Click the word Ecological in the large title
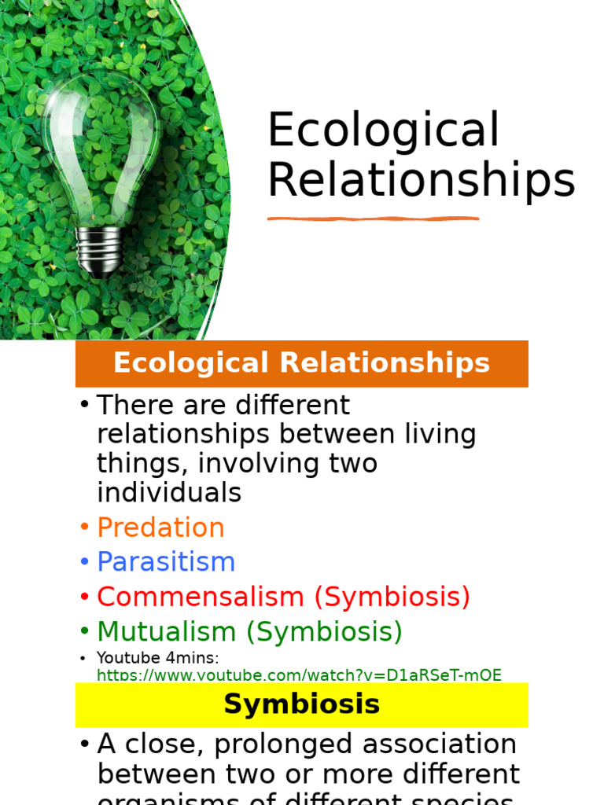tap(384, 130)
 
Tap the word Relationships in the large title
tap(422, 180)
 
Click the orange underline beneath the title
tap(373, 219)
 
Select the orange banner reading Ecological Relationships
tap(301, 363)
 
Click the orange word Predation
tap(160, 527)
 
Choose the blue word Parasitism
tap(166, 562)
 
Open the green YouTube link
tap(299, 675)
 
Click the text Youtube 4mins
tap(157, 658)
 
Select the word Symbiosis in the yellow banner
tap(301, 704)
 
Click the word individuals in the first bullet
tap(168, 493)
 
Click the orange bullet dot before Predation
tap(84, 528)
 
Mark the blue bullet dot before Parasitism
tap(84, 563)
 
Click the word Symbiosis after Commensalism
tap(392, 597)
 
